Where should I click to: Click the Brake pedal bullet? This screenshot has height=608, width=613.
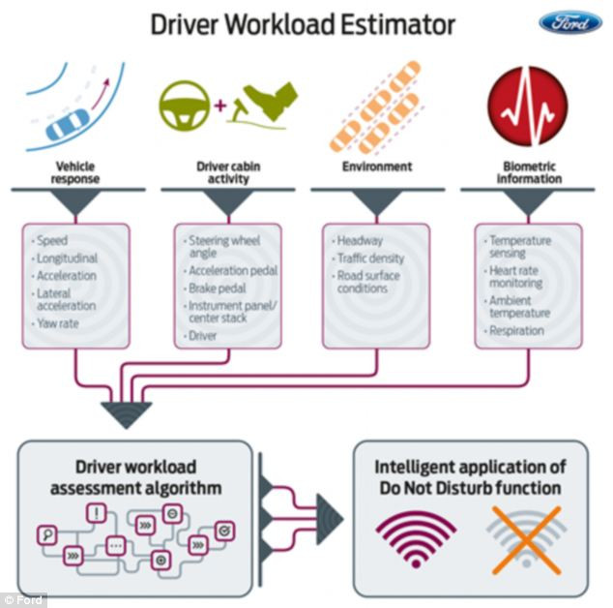pos(218,289)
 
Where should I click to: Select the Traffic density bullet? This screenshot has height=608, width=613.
pos(369,258)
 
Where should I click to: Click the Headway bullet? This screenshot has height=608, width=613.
pos(360,240)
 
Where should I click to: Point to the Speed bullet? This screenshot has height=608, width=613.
pos(52,240)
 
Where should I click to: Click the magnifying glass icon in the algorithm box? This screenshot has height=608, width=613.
pos(46,533)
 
